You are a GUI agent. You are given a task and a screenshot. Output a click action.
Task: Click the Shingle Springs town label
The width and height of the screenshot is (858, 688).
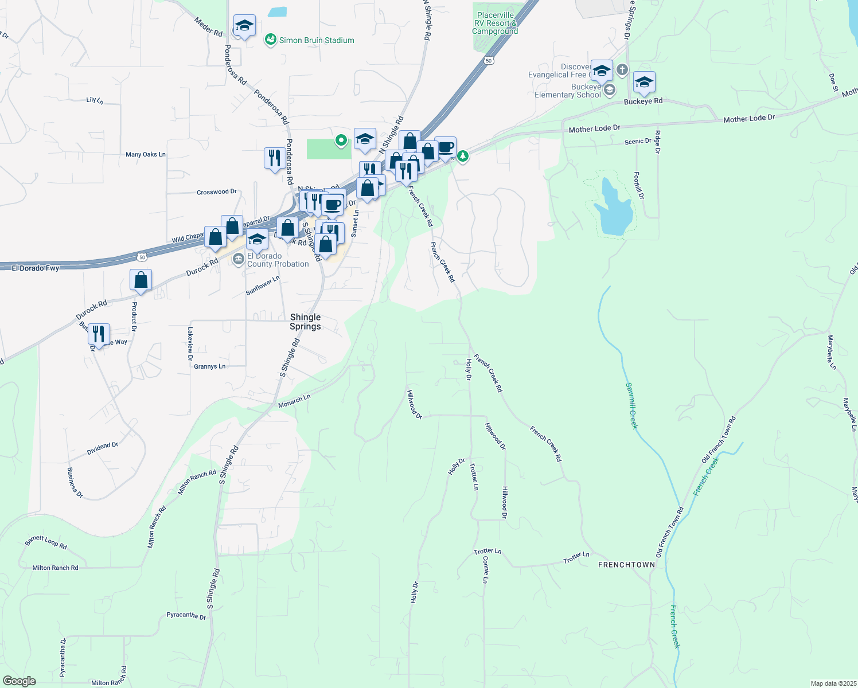pyautogui.click(x=305, y=322)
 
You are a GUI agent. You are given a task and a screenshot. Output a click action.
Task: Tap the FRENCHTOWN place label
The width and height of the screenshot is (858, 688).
pyautogui.click(x=626, y=565)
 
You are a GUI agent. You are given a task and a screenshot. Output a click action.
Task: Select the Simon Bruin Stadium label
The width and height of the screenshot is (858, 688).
pyautogui.click(x=316, y=40)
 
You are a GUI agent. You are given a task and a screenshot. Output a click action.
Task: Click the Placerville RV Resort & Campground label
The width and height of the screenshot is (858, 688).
pyautogui.click(x=495, y=23)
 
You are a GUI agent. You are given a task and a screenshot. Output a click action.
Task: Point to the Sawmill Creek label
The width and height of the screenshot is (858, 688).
pyautogui.click(x=631, y=405)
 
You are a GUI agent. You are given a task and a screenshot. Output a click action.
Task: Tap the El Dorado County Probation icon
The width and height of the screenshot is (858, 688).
pyautogui.click(x=239, y=260)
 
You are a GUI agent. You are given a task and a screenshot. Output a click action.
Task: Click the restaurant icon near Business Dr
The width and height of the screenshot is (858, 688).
pyautogui.click(x=99, y=334)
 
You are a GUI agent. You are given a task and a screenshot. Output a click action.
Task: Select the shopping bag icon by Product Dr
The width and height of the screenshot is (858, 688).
pyautogui.click(x=141, y=280)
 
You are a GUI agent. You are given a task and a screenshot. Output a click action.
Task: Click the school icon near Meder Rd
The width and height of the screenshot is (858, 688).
pyautogui.click(x=244, y=26)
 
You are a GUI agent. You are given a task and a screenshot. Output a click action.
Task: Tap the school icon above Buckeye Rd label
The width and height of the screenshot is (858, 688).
pyautogui.click(x=644, y=83)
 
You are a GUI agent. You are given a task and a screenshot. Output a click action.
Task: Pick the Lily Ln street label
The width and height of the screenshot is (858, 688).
pyautogui.click(x=95, y=100)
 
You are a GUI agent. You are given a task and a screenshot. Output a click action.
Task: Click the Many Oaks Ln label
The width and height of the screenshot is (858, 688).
pyautogui.click(x=146, y=155)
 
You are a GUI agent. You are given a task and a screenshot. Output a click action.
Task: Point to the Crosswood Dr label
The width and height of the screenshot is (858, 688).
pyautogui.click(x=217, y=192)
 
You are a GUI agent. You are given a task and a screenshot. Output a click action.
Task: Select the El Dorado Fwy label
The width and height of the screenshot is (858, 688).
pyautogui.click(x=36, y=268)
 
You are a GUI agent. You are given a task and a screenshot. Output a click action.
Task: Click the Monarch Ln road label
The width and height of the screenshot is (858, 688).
pyautogui.click(x=294, y=401)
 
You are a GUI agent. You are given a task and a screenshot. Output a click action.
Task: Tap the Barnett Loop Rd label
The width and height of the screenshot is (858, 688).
pyautogui.click(x=46, y=542)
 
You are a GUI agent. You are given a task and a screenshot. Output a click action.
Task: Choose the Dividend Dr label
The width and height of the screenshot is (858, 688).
pyautogui.click(x=103, y=448)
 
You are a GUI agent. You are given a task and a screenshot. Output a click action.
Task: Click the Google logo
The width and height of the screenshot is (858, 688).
pyautogui.click(x=19, y=681)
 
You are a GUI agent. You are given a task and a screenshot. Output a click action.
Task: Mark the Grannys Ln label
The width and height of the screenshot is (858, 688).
pyautogui.click(x=210, y=366)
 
